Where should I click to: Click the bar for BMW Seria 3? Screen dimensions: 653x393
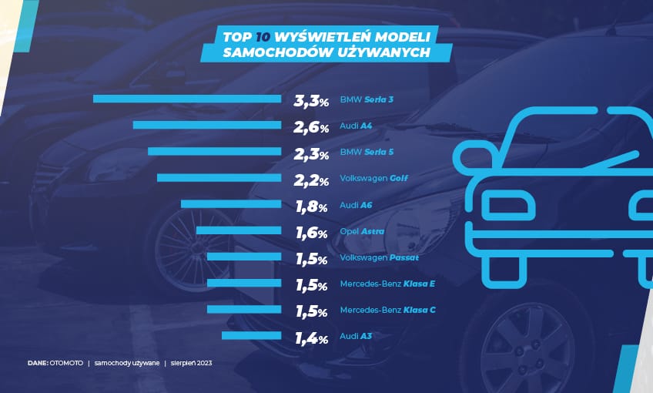187,99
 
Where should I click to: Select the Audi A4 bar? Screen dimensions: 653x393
207,125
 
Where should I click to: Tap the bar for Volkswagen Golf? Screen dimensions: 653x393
219,178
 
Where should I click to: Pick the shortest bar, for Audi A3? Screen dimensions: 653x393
252,335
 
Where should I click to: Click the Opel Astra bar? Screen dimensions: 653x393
239,230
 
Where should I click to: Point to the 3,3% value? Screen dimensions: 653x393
311,101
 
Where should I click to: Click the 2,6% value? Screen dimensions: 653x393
311,127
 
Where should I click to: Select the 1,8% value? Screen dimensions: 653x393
312,207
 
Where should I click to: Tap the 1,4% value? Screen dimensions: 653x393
312,338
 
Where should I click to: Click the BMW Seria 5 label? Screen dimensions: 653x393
367,152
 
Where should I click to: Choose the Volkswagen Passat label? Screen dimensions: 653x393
379,257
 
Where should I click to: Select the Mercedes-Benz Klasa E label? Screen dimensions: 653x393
387,284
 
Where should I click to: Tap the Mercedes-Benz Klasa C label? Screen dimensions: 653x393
388,310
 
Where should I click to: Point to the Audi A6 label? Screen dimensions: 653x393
356,205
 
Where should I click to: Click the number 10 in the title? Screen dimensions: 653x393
263,37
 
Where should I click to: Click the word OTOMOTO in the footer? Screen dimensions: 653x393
66,363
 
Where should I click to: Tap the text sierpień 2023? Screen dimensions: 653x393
191,363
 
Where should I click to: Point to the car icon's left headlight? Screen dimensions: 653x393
507,205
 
